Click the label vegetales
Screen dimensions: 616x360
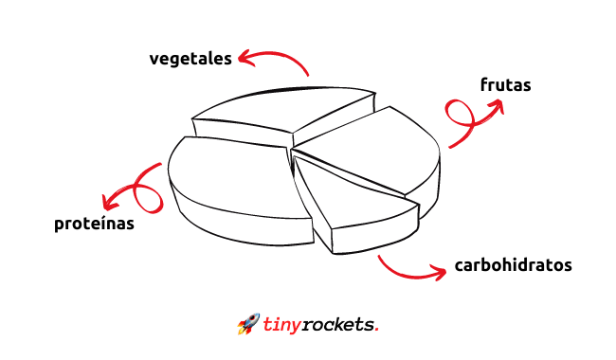pos(190,59)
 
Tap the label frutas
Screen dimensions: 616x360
pos(506,85)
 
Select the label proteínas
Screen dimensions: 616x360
pos(94,224)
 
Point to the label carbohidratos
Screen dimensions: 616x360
pos(513,265)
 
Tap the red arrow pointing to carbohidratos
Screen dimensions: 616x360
pos(408,276)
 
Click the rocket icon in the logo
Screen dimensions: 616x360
pos(248,323)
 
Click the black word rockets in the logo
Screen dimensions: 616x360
pos(338,325)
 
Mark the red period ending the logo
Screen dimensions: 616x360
pos(377,330)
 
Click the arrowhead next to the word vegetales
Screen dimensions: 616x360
pos(246,58)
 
